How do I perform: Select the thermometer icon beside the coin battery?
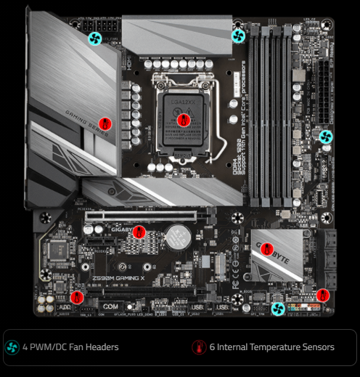coord(140,232)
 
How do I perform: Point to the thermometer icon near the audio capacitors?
coord(77,296)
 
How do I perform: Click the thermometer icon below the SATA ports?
coord(323,295)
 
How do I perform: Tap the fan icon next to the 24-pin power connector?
coord(326,136)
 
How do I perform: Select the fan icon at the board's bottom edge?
coord(277,309)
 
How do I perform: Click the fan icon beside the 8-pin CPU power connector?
coord(94,38)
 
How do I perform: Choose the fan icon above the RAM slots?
coord(237,35)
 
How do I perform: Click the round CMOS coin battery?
coord(176,235)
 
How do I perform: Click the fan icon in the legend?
coord(12,347)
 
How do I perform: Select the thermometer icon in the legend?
coord(198,347)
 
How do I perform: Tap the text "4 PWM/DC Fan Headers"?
coord(70,347)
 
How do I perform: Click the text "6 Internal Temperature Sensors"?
coord(271,347)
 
